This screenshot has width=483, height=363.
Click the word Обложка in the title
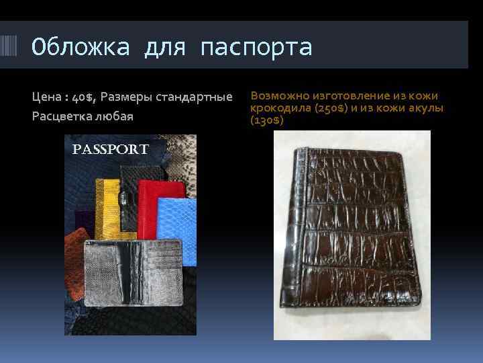coord(79,48)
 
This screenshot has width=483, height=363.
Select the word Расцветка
coord(61,116)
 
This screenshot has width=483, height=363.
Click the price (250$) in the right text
coord(328,108)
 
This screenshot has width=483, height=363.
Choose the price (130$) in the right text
coord(266,120)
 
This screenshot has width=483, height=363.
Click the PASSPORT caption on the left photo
coord(110,149)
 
